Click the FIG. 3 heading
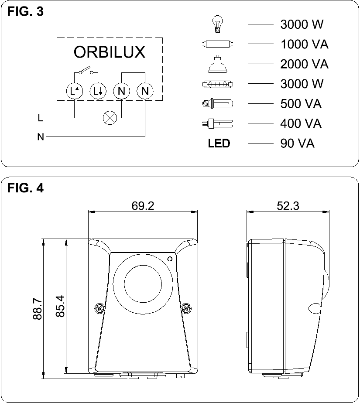26,12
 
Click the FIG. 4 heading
26,188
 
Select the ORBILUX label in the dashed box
109,52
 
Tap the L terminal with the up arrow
74,91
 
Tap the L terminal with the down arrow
97,91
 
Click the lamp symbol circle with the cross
109,117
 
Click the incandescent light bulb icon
217,24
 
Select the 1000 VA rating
304,44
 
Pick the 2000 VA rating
304,64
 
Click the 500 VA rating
301,104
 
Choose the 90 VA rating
297,143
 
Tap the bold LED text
219,143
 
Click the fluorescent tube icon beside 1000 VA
217,44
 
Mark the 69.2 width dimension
143,205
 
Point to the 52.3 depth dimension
288,205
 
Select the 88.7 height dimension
38,309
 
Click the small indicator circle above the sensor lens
170,259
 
